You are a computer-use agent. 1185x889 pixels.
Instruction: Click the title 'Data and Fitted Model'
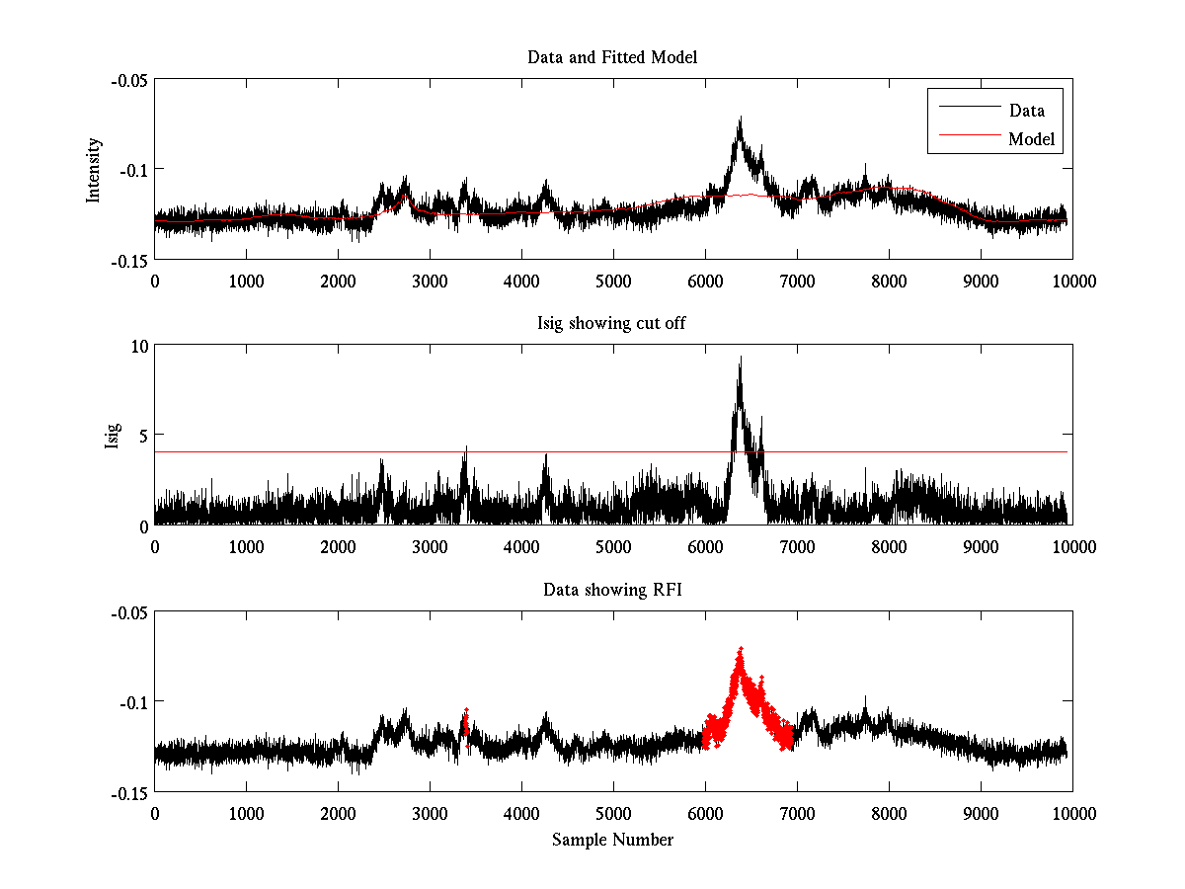(612, 57)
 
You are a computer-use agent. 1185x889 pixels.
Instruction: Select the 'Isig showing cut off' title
(612, 324)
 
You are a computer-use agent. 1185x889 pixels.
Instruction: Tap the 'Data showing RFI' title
(612, 590)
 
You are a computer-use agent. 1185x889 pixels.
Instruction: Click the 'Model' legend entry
(1032, 139)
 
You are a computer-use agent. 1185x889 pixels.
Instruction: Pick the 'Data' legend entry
(1026, 111)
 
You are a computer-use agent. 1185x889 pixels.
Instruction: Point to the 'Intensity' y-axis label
(94, 170)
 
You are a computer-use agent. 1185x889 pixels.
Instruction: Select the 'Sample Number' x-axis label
(612, 840)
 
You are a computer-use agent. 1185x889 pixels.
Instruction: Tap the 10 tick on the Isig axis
(136, 346)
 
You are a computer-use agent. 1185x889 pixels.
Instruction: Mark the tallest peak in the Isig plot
(740, 358)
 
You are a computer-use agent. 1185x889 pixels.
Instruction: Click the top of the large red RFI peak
(740, 649)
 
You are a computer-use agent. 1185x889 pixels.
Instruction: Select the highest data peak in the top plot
(739, 118)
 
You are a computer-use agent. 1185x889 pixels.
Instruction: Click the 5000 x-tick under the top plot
(612, 281)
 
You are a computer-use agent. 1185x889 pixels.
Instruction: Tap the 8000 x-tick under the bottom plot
(888, 813)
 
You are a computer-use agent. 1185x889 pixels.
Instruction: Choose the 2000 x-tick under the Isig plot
(338, 546)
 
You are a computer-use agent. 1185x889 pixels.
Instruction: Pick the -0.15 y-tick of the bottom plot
(127, 792)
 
